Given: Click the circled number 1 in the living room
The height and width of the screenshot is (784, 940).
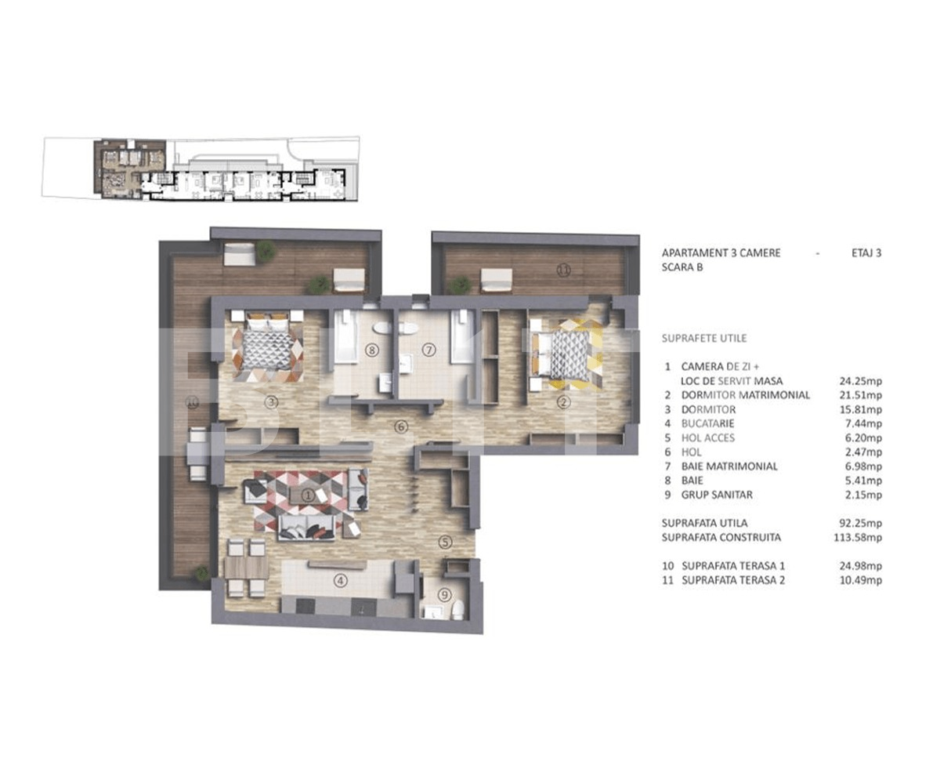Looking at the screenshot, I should pos(308,495).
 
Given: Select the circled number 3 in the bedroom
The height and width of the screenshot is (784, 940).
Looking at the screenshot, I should pos(271,402).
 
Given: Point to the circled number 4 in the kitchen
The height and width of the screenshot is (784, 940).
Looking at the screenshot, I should pos(340,581).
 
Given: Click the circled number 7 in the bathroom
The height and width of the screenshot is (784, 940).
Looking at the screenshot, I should pos(428,350).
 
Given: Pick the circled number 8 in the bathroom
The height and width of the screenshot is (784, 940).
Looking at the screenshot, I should pos(371,350).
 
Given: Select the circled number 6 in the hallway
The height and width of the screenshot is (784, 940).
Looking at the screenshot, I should pos(401,426).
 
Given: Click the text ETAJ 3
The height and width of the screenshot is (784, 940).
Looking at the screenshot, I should pos(866,253).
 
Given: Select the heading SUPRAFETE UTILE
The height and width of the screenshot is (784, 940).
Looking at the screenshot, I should pos(704,339).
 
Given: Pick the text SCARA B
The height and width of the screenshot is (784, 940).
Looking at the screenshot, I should pos(682,267).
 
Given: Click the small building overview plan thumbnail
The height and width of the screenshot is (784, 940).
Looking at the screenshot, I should pos(201,169).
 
